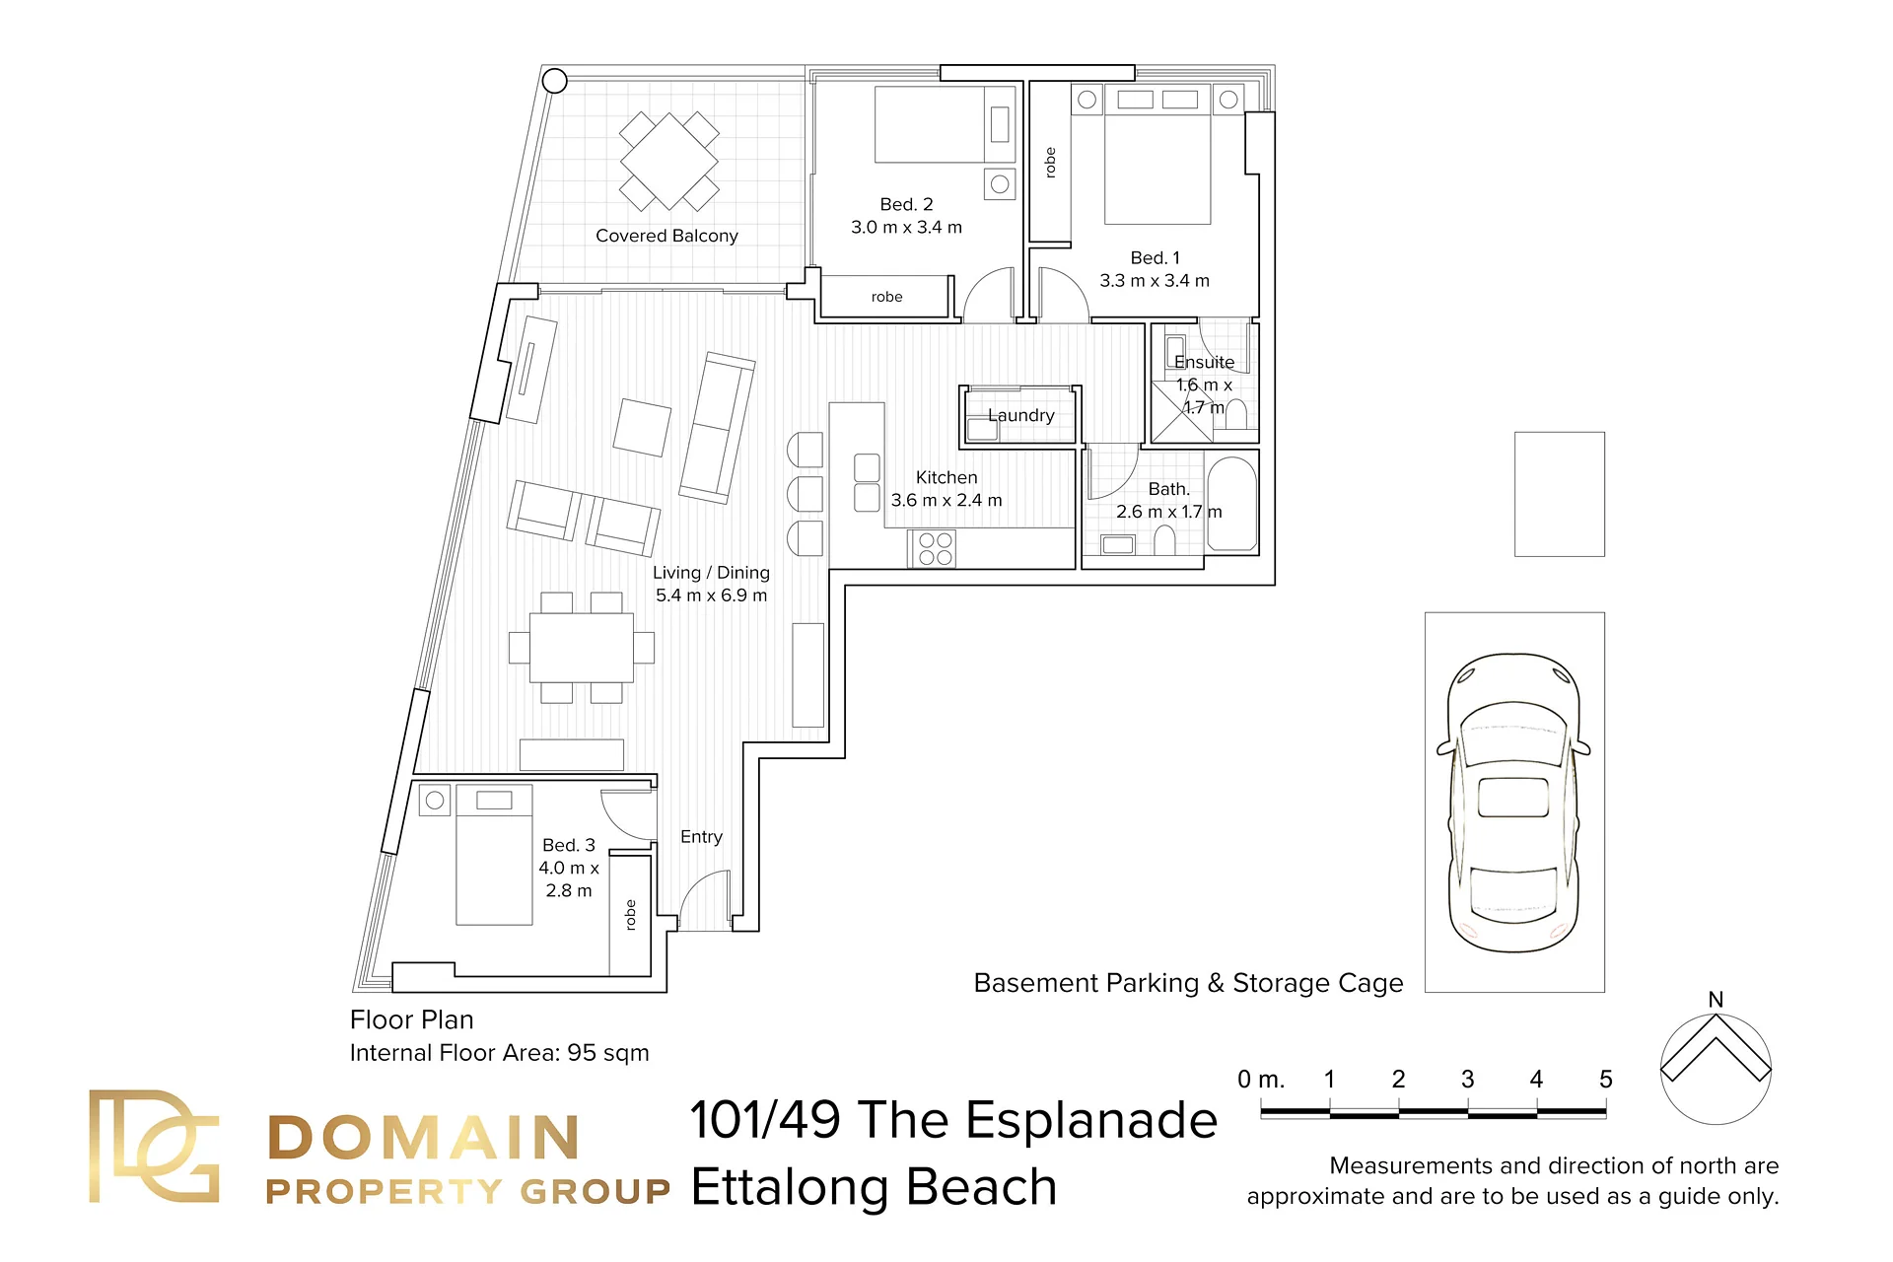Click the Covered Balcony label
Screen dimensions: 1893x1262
tap(666, 236)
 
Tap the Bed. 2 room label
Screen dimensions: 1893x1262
tap(906, 204)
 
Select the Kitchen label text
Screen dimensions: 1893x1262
tap(946, 477)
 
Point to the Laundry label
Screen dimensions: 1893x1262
tap(1021, 415)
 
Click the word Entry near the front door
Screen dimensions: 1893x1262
tap(701, 836)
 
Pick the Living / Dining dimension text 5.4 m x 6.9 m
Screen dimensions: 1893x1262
tap(711, 596)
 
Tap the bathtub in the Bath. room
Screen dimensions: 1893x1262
tap(1231, 503)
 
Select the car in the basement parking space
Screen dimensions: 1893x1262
tap(1514, 803)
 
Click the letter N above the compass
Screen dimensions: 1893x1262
tap(1716, 1000)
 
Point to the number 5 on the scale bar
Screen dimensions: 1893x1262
tap(1605, 1080)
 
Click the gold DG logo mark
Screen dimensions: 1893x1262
tap(154, 1146)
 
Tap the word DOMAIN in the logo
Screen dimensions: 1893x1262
tap(423, 1138)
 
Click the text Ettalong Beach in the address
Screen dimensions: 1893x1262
tap(874, 1187)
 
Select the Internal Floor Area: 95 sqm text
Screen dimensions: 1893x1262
tap(499, 1053)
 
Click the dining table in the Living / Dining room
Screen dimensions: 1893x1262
tap(582, 647)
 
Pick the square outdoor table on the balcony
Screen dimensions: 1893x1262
tap(669, 161)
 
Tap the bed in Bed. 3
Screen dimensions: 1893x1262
tap(494, 855)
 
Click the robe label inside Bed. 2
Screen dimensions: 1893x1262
tap(886, 297)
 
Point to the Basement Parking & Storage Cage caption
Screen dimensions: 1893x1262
tap(1188, 983)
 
